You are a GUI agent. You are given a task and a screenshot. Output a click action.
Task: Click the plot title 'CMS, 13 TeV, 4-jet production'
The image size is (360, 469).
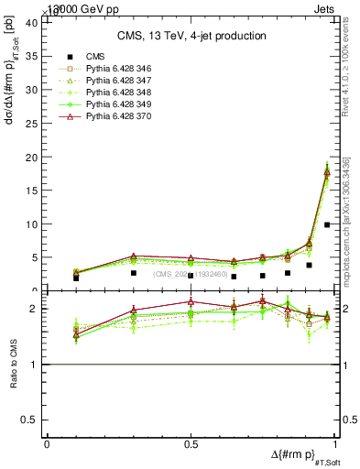click(x=191, y=36)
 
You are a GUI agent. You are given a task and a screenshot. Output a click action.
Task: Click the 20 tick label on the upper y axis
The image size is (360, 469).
click(x=29, y=158)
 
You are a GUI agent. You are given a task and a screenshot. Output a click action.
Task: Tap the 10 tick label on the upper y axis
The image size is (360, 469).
click(x=29, y=224)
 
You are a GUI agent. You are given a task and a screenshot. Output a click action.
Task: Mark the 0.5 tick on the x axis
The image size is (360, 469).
click(x=191, y=443)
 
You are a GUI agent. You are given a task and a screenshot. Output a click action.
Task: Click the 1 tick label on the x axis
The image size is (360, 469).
click(x=333, y=443)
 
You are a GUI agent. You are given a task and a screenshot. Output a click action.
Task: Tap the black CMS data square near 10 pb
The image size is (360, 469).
click(x=327, y=224)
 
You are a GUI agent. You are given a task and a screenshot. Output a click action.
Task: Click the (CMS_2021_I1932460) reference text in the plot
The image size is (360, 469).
click(x=192, y=274)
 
